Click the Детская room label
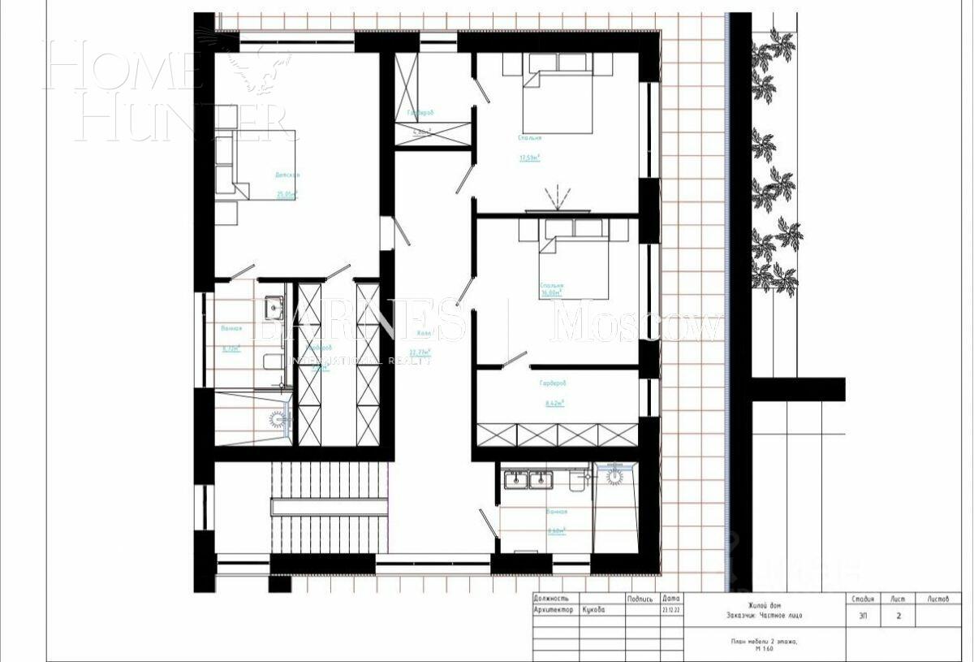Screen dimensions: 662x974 click(287, 175)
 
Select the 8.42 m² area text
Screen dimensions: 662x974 click(553, 402)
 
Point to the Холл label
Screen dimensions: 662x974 click(425, 333)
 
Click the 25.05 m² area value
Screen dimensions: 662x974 click(287, 194)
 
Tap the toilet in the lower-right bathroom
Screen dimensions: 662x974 click(578, 481)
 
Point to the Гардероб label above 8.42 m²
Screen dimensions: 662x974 click(552, 383)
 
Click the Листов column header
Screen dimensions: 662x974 click(937, 599)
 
